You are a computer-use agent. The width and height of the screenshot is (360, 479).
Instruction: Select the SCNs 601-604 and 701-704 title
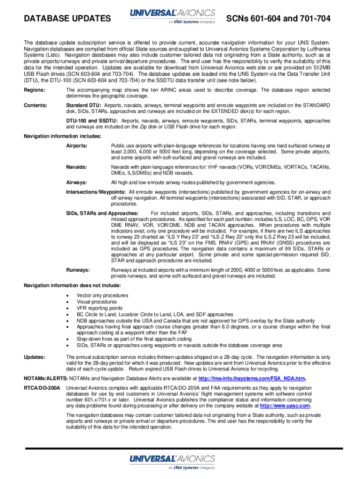pyautogui.click(x=279, y=19)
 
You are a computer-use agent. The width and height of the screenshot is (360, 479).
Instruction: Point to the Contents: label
pyautogui.click(x=36, y=105)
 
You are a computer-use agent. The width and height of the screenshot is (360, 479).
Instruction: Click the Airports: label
pyautogui.click(x=76, y=146)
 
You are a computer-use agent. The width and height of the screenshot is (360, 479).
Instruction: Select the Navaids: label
pyautogui.click(x=76, y=167)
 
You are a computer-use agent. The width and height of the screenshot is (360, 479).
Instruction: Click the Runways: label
pyautogui.click(x=78, y=270)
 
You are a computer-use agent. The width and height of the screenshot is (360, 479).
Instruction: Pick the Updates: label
pyautogui.click(x=35, y=357)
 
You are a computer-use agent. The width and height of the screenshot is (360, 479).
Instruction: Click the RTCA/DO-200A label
pyautogui.click(x=42, y=388)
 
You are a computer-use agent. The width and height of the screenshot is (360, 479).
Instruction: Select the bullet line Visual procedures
pyautogui.click(x=97, y=302)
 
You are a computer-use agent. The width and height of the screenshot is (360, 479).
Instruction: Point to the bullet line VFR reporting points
pyautogui.click(x=100, y=308)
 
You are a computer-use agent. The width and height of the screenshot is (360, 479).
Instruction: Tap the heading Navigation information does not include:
pyautogui.click(x=72, y=285)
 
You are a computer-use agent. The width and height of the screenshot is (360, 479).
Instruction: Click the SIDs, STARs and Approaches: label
pyautogui.click(x=102, y=213)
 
